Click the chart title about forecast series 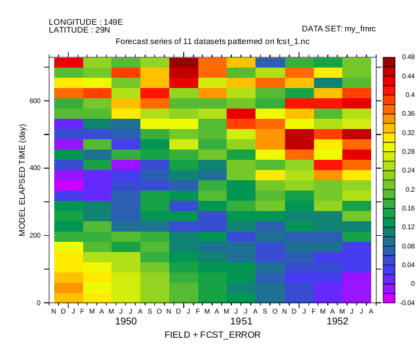[212, 42]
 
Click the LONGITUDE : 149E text [86, 22]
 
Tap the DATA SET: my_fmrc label [339, 28]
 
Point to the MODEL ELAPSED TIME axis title [22, 180]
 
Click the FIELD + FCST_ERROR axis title [212, 335]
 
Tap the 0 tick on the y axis [39, 303]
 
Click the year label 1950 [126, 321]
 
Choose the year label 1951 [241, 321]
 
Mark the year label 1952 [337, 321]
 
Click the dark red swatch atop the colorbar [389, 62]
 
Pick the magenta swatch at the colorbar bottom [389, 298]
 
